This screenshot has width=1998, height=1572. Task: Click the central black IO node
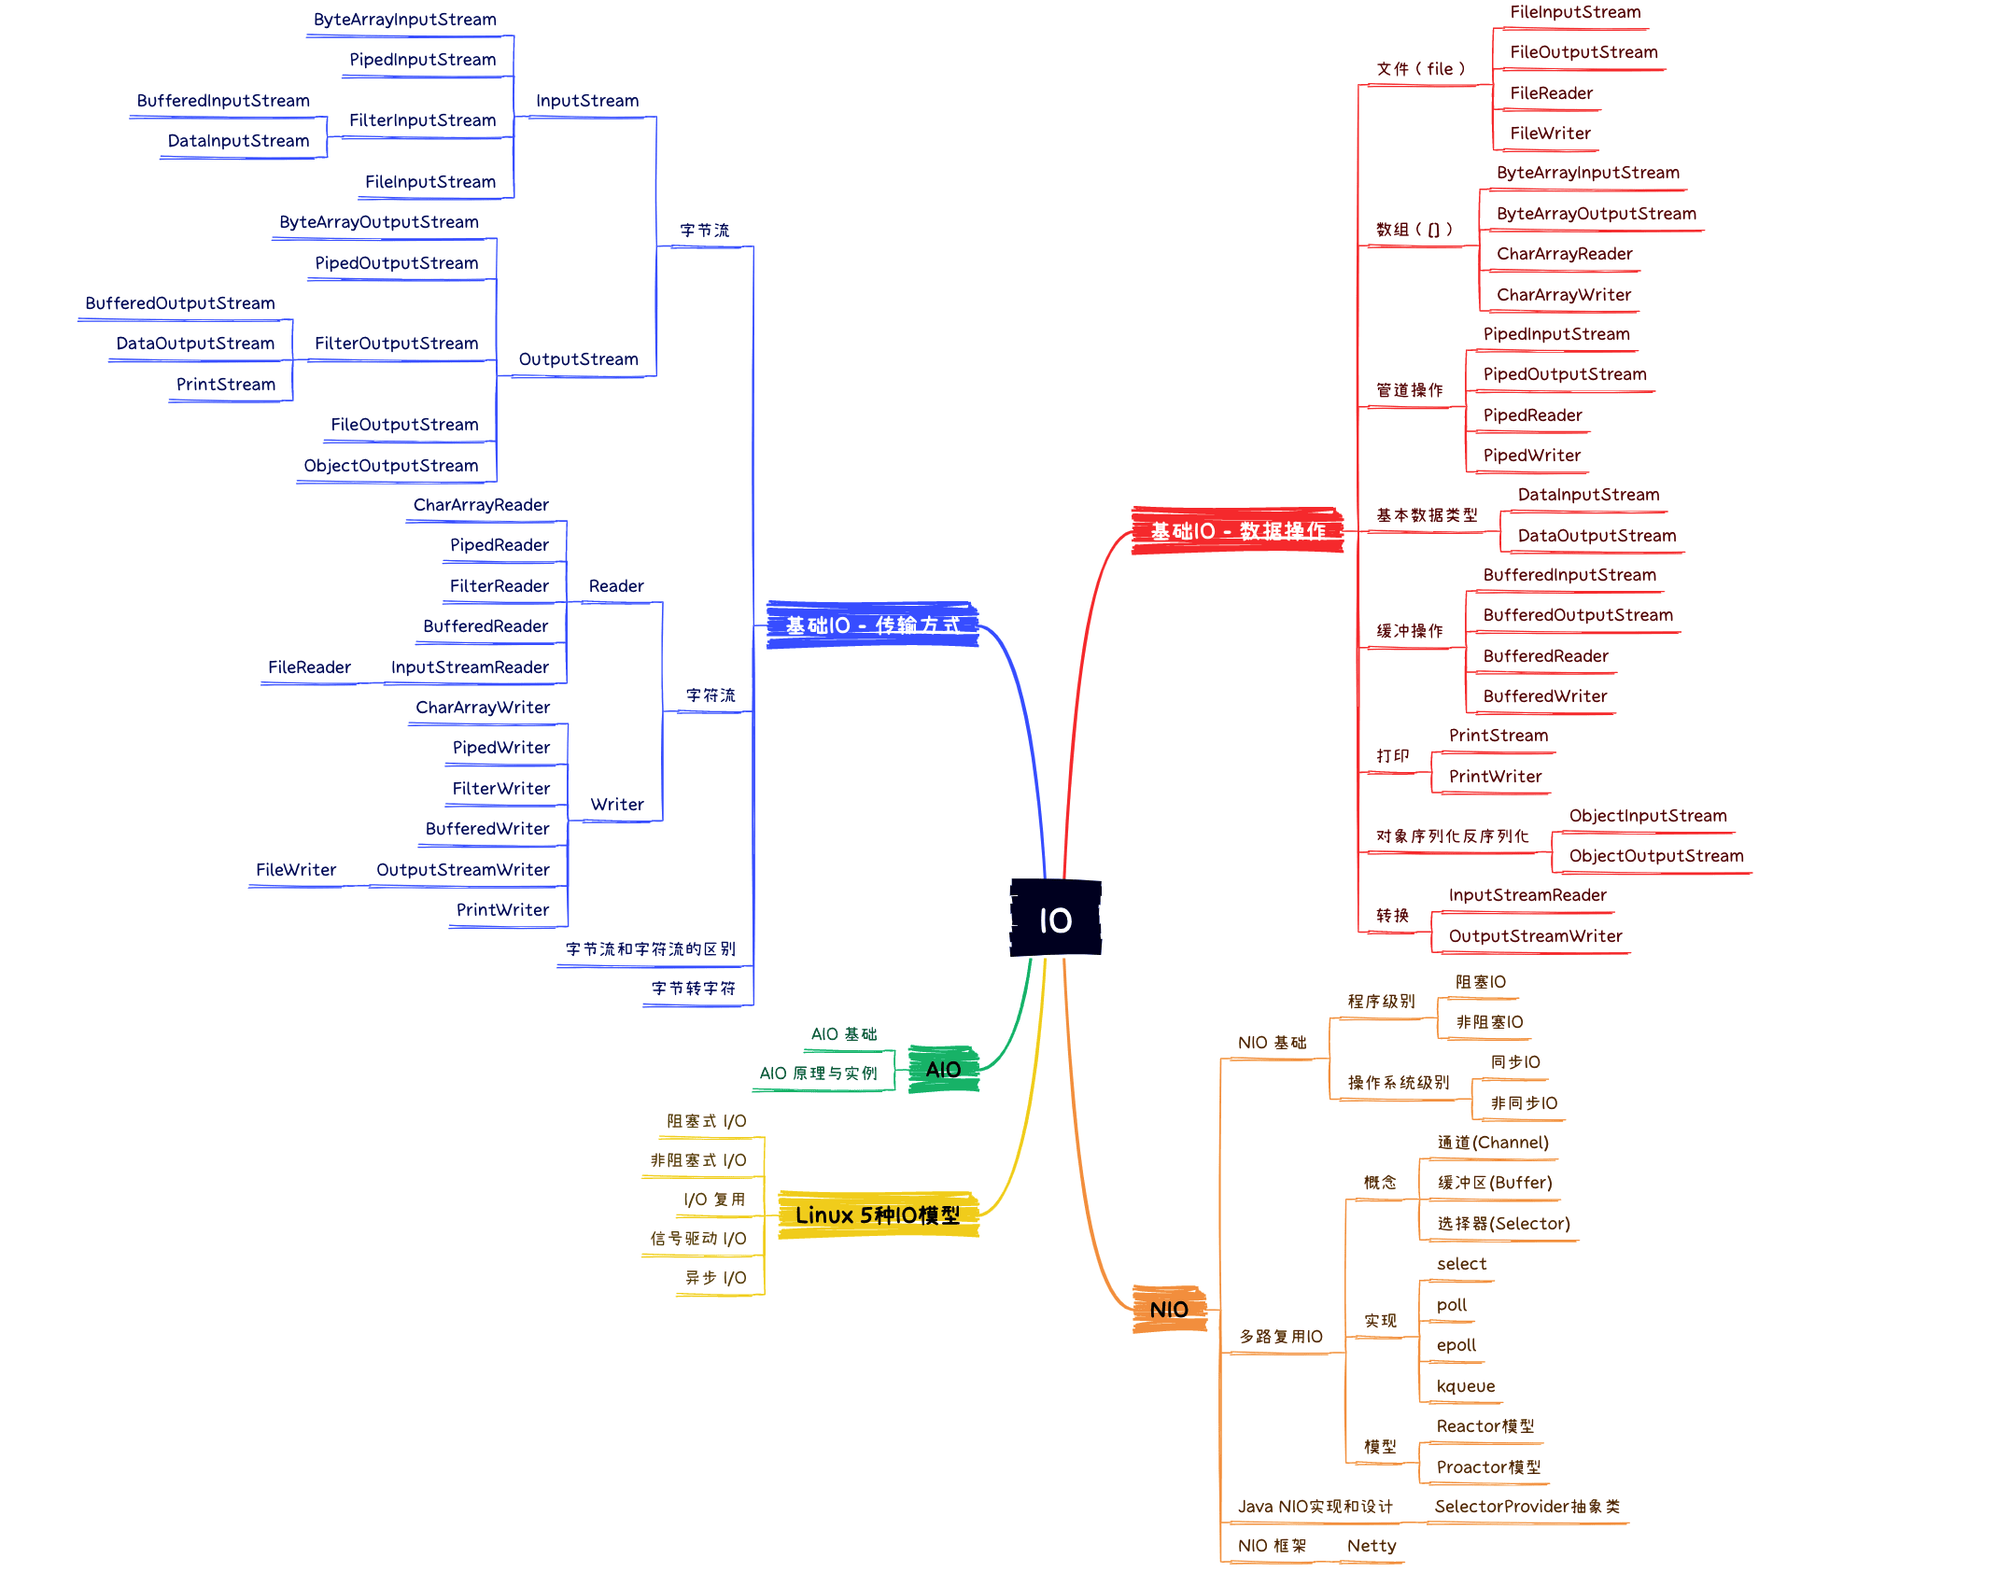point(1055,919)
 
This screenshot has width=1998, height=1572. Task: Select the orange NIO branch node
point(1169,1309)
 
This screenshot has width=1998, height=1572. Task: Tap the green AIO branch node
point(943,1069)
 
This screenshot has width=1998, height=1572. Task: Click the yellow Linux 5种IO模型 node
point(878,1214)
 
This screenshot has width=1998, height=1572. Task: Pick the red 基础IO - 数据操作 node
point(1237,530)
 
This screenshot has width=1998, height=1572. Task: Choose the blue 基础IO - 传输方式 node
point(872,625)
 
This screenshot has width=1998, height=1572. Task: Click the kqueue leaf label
point(1465,1385)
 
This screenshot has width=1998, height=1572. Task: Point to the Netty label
point(1371,1545)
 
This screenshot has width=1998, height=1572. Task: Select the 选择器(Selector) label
point(1503,1223)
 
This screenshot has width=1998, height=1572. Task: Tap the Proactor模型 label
point(1488,1467)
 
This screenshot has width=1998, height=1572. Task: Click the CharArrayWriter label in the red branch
point(1563,294)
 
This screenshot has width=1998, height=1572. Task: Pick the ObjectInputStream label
point(1647,815)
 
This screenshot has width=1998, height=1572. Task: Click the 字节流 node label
point(704,230)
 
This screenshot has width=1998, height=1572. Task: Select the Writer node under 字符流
point(616,804)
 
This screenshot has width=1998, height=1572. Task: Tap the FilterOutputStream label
point(396,343)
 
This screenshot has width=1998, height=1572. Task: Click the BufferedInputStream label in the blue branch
point(222,100)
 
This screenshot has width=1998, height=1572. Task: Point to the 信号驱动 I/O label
point(697,1238)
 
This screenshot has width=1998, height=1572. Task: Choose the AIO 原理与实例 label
point(818,1073)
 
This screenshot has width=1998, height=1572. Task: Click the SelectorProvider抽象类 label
point(1527,1506)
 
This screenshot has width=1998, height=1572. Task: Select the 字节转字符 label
point(693,988)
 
